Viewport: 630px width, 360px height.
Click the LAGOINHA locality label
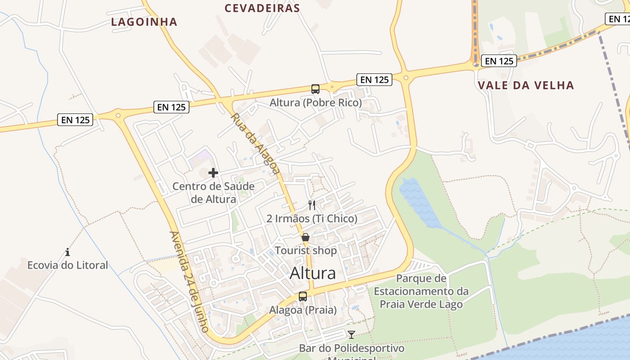(144, 22)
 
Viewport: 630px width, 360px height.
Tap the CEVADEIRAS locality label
(262, 8)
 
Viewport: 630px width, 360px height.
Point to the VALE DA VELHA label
(526, 85)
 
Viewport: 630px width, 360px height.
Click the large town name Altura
(313, 273)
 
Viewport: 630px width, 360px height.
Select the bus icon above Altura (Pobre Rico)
(315, 89)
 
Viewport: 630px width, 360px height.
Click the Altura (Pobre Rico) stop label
(315, 103)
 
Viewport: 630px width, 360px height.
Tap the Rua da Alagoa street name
(255, 143)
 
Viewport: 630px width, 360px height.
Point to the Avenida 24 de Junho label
(189, 282)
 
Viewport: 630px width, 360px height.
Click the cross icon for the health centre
(213, 172)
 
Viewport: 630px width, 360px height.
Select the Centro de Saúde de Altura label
(213, 193)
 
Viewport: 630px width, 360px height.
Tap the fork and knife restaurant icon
(312, 205)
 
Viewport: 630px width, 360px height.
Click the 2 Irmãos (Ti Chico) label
(312, 219)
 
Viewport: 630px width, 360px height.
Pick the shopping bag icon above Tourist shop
(306, 237)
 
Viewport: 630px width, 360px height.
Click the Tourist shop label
(306, 250)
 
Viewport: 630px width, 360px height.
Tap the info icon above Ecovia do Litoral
(67, 252)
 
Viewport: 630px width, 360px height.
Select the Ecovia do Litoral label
(67, 265)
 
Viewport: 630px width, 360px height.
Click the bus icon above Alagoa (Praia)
(303, 297)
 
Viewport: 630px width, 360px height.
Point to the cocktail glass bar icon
(351, 335)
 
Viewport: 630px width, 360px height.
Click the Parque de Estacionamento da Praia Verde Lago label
(421, 291)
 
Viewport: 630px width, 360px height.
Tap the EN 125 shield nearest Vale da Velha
(499, 61)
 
